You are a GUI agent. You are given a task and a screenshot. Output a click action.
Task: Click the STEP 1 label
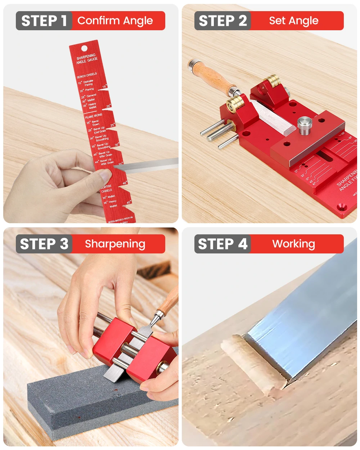[44, 21]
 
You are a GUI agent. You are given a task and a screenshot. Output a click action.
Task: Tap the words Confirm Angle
[115, 21]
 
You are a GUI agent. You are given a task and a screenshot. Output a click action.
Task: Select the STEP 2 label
[222, 21]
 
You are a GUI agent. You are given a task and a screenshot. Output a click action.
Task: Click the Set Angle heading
[294, 21]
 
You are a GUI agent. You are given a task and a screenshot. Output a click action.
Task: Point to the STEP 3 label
[44, 244]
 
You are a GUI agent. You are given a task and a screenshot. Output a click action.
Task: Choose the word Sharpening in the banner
[115, 244]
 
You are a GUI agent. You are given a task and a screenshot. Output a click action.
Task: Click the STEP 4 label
[222, 244]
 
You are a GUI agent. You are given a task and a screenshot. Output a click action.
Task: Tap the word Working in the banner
[294, 244]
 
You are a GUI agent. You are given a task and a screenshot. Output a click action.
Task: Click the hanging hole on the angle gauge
[84, 48]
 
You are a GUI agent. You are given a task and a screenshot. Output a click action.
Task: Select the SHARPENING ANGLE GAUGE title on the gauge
[87, 59]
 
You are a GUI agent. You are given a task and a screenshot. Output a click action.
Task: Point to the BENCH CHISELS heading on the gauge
[87, 75]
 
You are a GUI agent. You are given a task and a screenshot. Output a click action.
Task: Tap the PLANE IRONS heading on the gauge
[94, 116]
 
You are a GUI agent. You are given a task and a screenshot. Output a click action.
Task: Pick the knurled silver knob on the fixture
[305, 126]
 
